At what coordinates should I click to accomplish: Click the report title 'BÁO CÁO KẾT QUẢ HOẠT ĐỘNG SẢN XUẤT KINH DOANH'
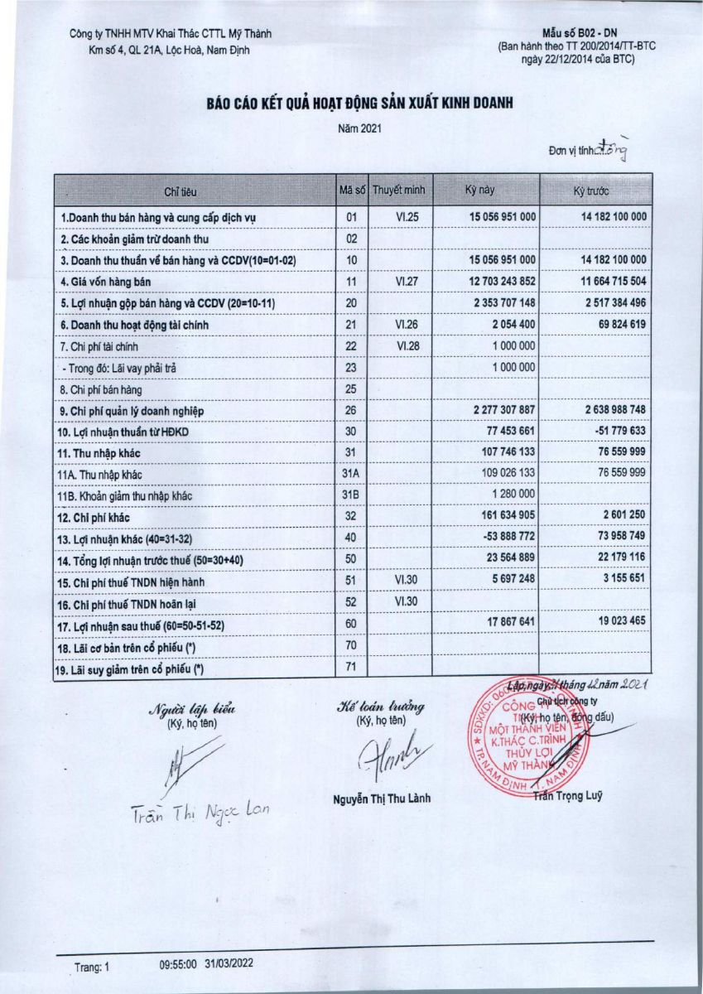[x=360, y=103]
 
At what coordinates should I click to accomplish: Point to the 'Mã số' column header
[x=351, y=191]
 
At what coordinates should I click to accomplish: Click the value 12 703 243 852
[x=494, y=282]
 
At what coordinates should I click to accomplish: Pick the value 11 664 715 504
[x=603, y=282]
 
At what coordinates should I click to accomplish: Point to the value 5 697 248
[x=508, y=582]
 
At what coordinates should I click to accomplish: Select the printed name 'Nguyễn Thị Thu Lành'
[x=382, y=799]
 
